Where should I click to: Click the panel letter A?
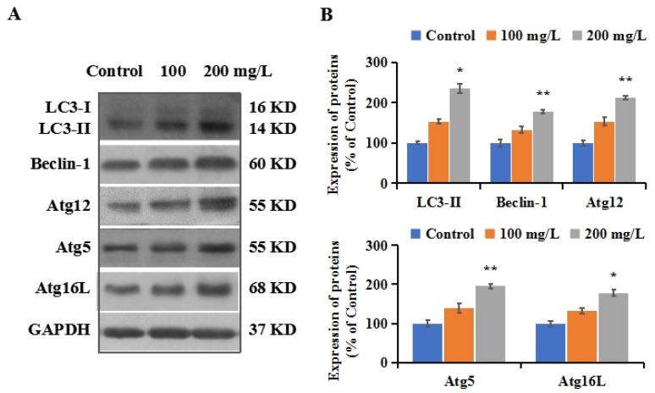point(12,14)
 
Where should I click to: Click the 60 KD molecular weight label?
point(273,163)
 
